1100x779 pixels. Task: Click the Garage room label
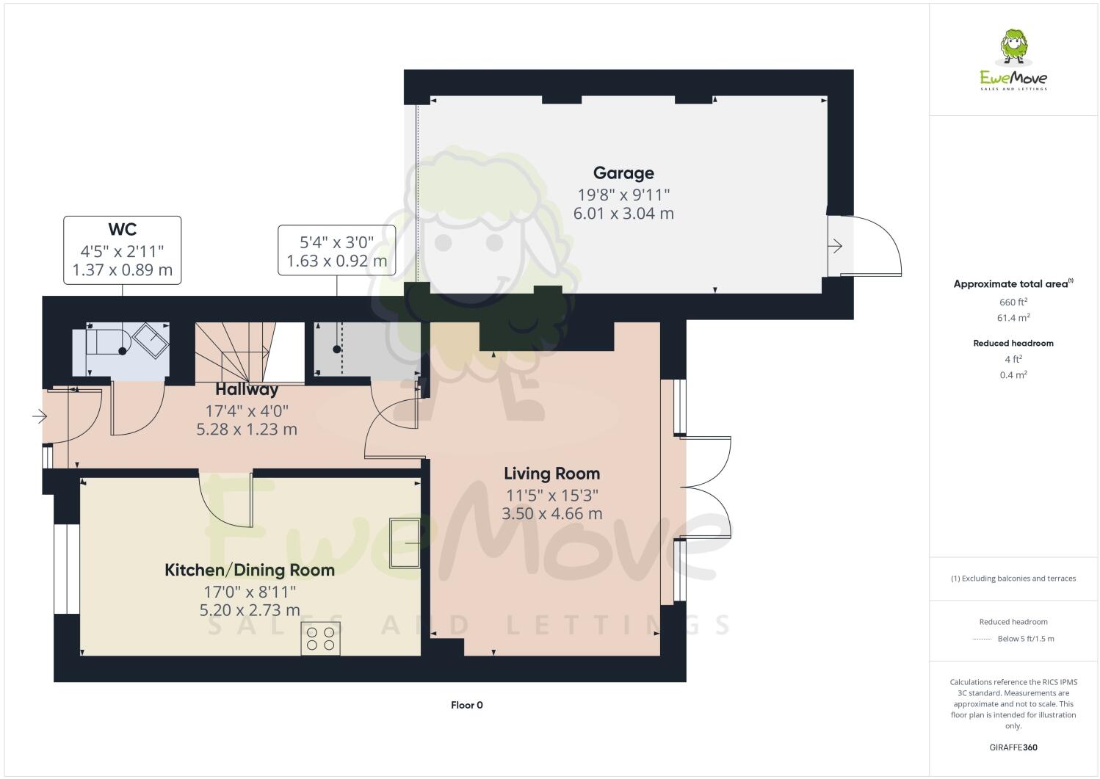(x=623, y=173)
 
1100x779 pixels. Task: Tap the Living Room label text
(x=551, y=474)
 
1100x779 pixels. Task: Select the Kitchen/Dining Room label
(x=249, y=570)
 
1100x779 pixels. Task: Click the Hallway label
(x=247, y=390)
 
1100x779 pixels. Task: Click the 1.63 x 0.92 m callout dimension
(x=336, y=261)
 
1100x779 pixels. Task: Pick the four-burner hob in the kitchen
(x=321, y=638)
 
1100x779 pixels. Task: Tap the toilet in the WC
(x=108, y=341)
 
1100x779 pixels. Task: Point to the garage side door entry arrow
(x=836, y=247)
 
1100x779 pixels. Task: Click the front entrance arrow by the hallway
(x=39, y=417)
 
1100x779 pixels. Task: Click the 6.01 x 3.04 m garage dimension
(x=623, y=214)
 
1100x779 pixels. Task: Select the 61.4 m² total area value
(x=1013, y=318)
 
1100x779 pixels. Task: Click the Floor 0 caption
(x=466, y=706)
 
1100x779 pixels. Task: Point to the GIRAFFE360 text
(x=1013, y=748)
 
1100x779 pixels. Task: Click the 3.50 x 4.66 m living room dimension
(x=551, y=514)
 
